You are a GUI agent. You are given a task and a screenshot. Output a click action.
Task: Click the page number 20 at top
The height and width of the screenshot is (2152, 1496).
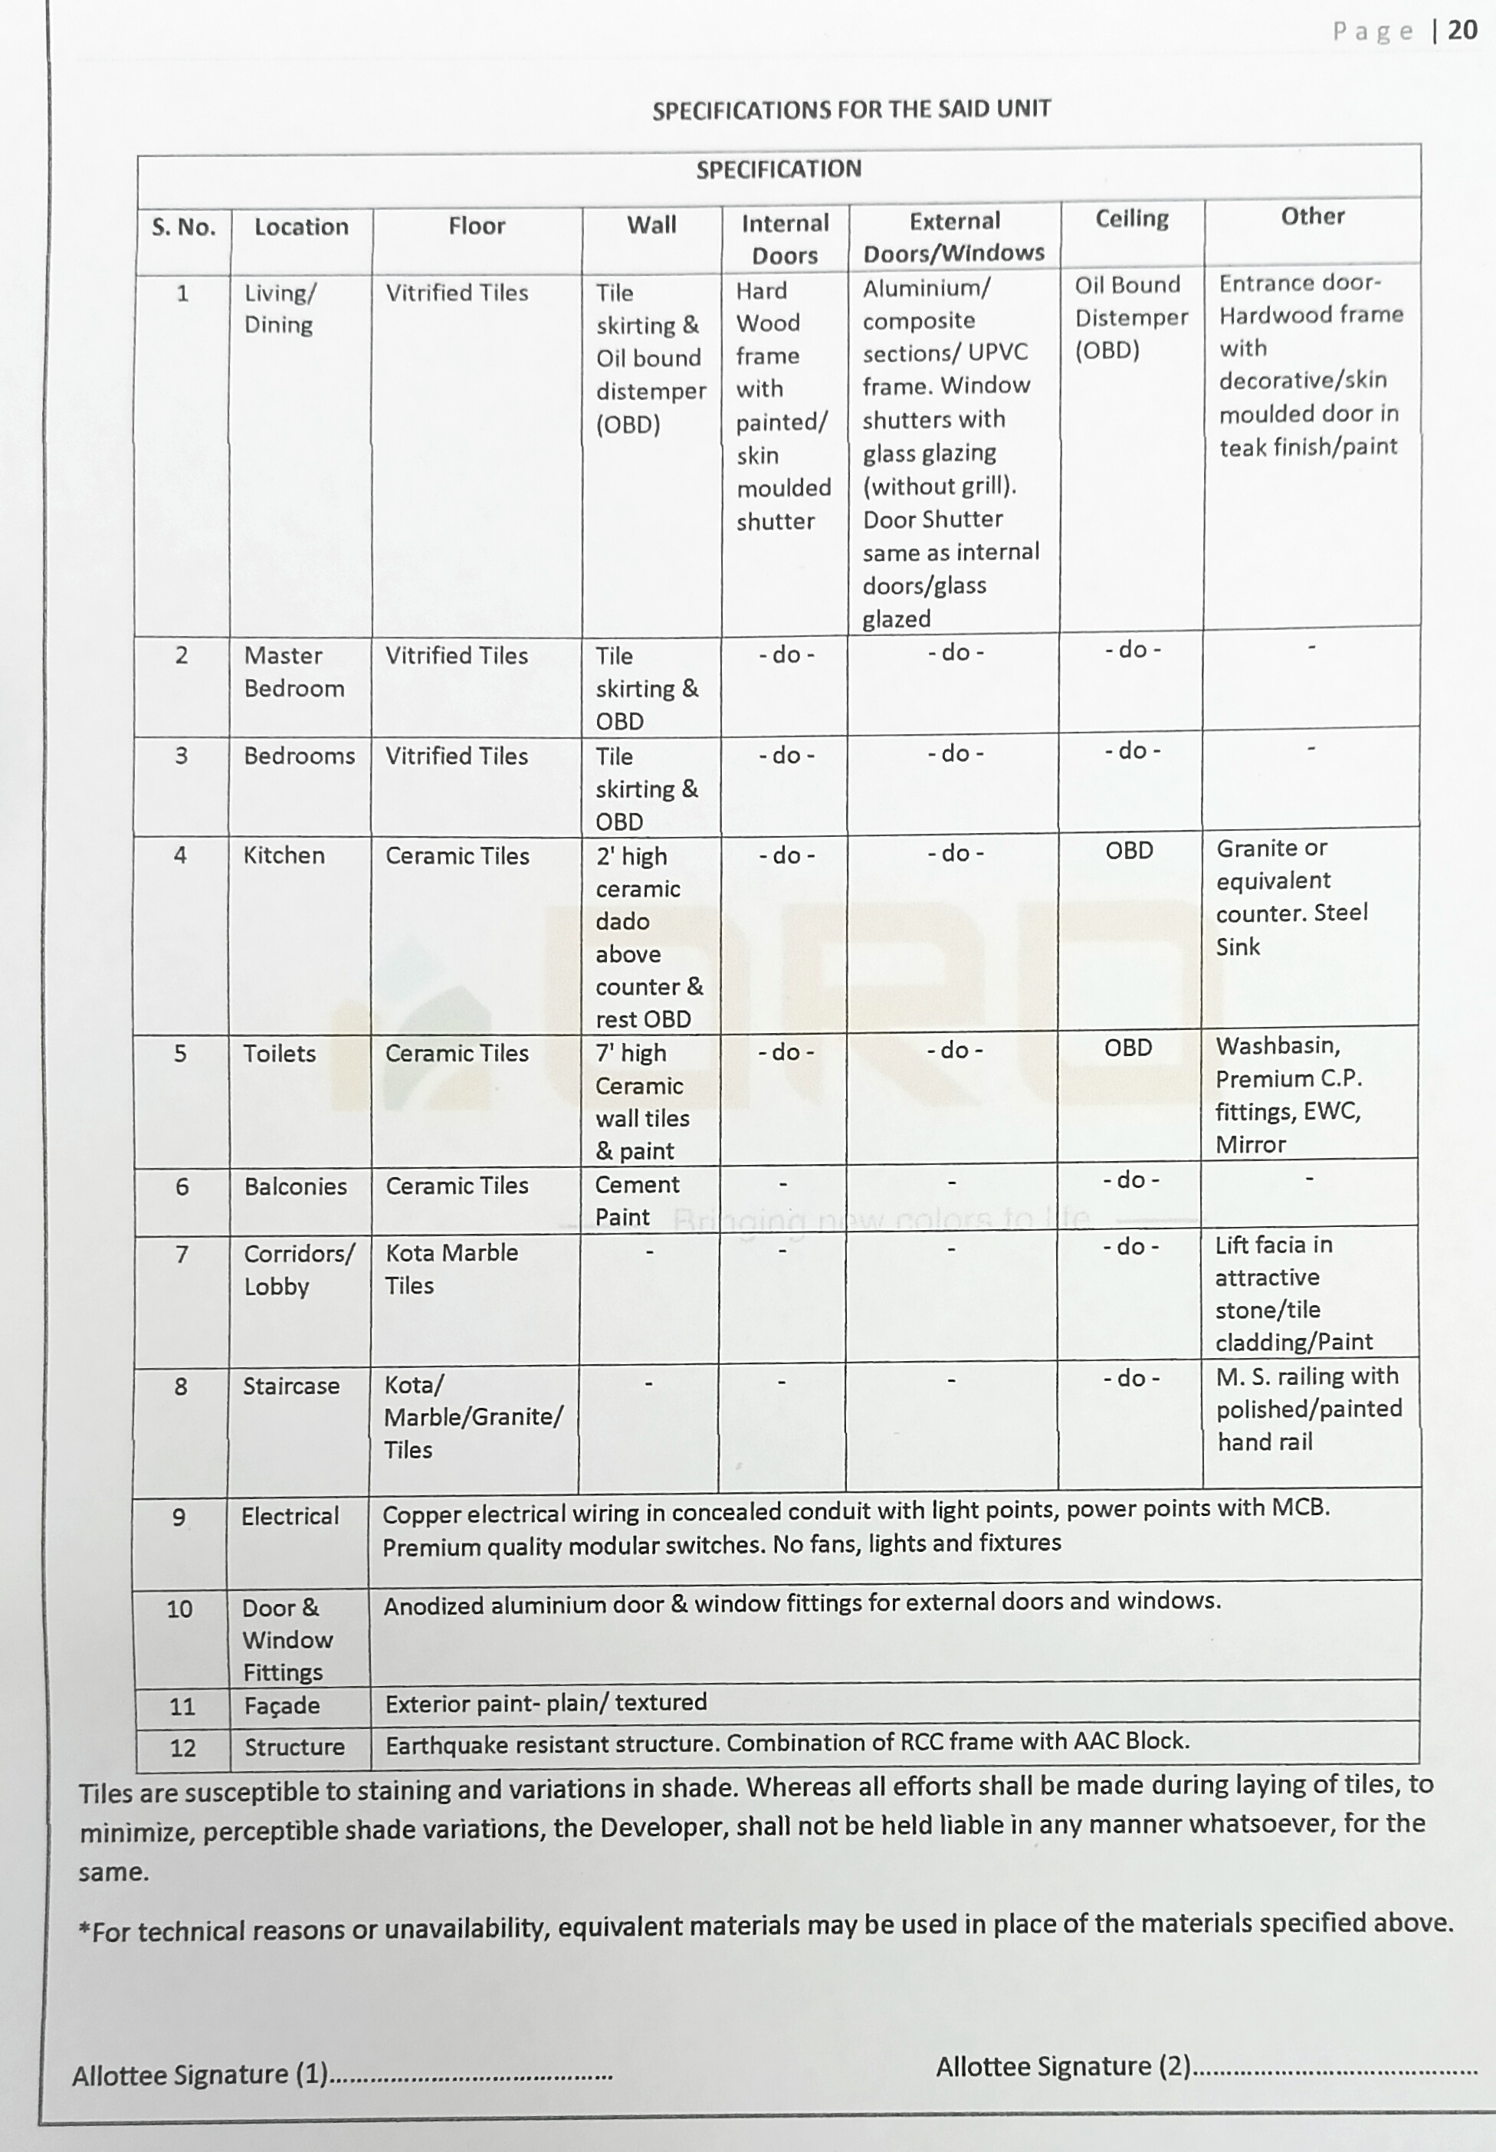point(1462,30)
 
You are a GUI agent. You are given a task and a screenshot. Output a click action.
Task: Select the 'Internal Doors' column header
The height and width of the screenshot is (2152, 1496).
point(785,239)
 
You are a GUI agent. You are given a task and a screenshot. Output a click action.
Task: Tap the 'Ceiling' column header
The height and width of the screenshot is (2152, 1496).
point(1131,218)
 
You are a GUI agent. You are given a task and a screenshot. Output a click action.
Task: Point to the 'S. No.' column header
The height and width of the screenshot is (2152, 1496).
point(184,227)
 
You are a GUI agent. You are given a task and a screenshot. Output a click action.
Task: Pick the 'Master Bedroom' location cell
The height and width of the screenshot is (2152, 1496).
point(294,671)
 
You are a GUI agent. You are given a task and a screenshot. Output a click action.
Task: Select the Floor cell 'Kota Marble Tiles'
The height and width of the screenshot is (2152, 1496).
point(451,1268)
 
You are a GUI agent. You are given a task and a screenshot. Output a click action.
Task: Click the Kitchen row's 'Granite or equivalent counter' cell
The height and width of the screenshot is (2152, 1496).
point(1291,896)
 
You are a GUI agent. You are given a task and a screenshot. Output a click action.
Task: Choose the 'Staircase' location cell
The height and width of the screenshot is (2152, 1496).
point(290,1386)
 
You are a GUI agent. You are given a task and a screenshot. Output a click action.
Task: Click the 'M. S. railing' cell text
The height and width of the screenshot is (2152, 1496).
point(1307,1408)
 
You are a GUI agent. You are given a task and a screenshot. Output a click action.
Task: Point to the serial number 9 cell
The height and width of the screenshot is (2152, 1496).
point(179,1517)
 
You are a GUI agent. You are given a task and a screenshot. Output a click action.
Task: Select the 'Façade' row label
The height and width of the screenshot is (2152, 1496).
point(281,1705)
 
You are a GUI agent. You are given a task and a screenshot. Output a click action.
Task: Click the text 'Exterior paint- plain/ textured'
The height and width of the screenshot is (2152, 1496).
point(546,1702)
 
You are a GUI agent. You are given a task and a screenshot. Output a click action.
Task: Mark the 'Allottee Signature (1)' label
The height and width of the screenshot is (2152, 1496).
point(200,2074)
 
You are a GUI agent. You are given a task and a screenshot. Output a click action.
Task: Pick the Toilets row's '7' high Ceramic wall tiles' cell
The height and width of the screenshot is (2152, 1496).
point(642,1101)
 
